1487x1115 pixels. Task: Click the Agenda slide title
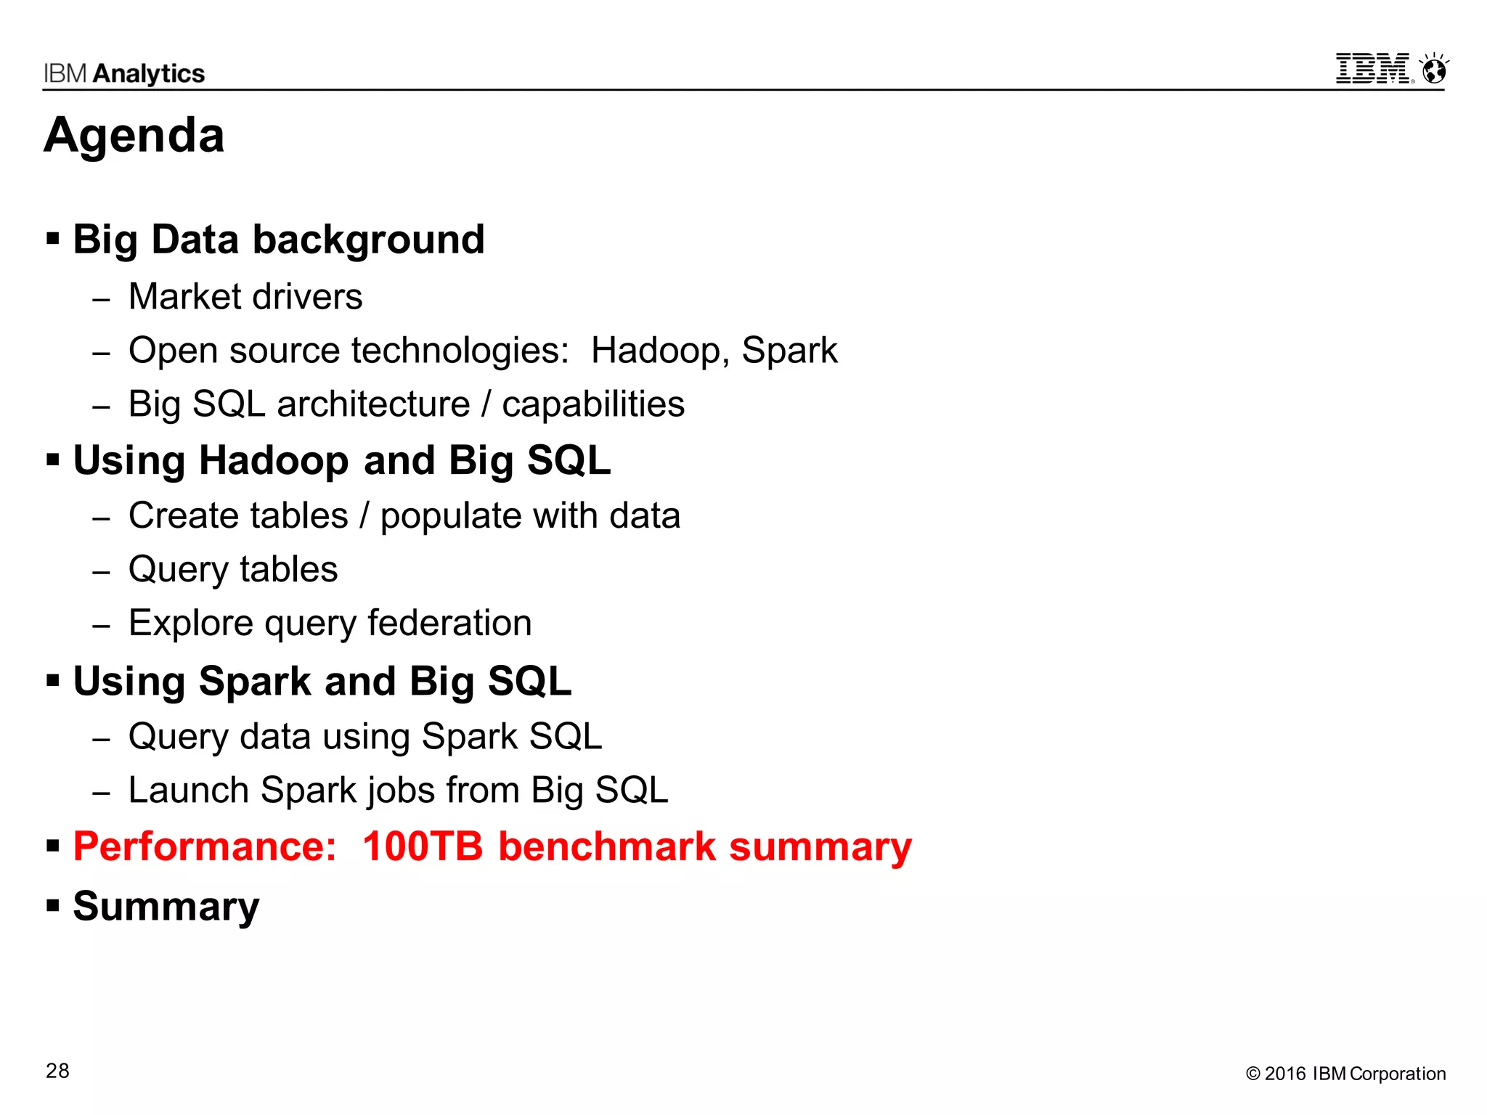[134, 136]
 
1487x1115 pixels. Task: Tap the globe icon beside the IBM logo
[1434, 70]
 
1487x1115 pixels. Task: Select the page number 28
[57, 1071]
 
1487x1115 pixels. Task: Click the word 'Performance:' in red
[205, 846]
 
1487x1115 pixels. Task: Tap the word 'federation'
[449, 623]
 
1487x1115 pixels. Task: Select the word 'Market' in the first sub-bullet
[184, 297]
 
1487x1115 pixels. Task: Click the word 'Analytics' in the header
[149, 73]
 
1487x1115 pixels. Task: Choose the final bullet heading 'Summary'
[166, 906]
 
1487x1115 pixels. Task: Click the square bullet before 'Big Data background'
[53, 238]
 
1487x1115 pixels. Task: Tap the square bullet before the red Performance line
[53, 846]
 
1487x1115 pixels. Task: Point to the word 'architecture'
[373, 404]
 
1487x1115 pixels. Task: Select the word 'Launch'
[189, 790]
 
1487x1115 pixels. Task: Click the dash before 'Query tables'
[102, 572]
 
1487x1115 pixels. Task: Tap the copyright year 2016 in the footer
[1285, 1074]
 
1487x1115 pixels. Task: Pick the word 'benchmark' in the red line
[607, 846]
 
